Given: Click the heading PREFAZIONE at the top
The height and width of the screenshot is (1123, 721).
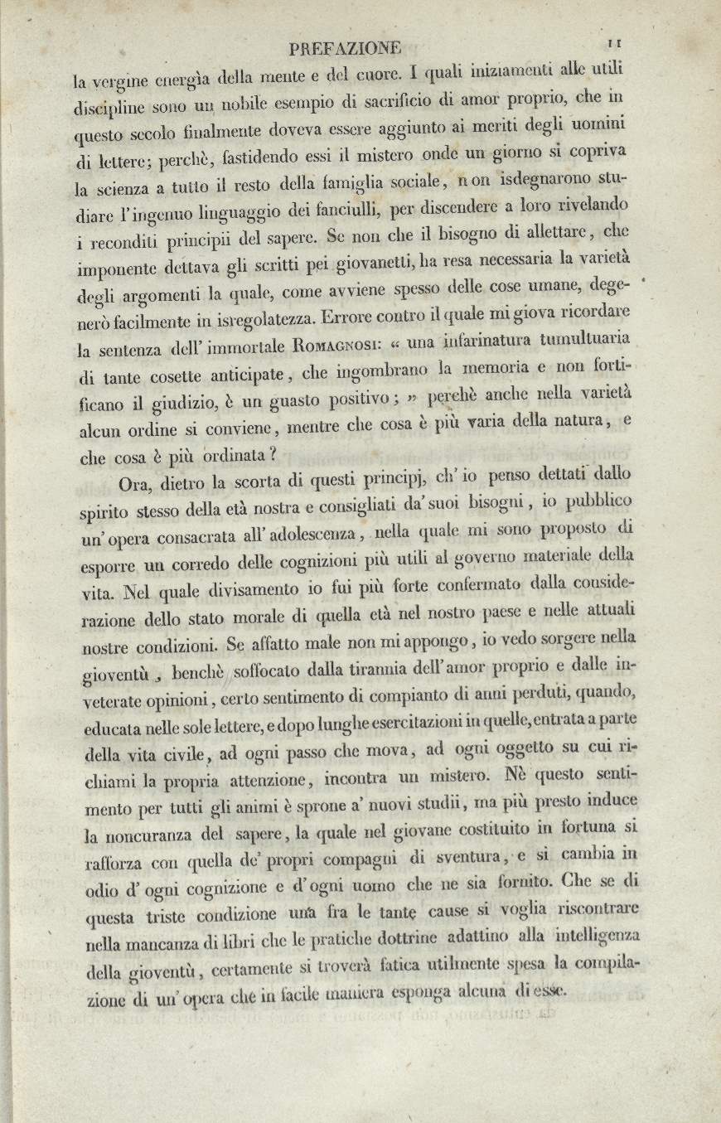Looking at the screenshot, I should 341,47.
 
